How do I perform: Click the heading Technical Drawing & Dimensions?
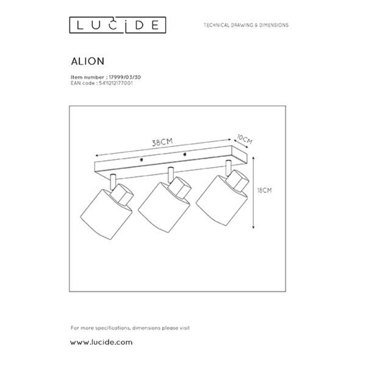tap(246, 25)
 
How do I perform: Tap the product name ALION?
tap(87, 61)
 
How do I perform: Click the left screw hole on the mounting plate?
tap(141, 160)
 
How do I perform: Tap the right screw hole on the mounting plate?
tap(185, 154)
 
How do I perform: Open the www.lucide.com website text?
tap(101, 343)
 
